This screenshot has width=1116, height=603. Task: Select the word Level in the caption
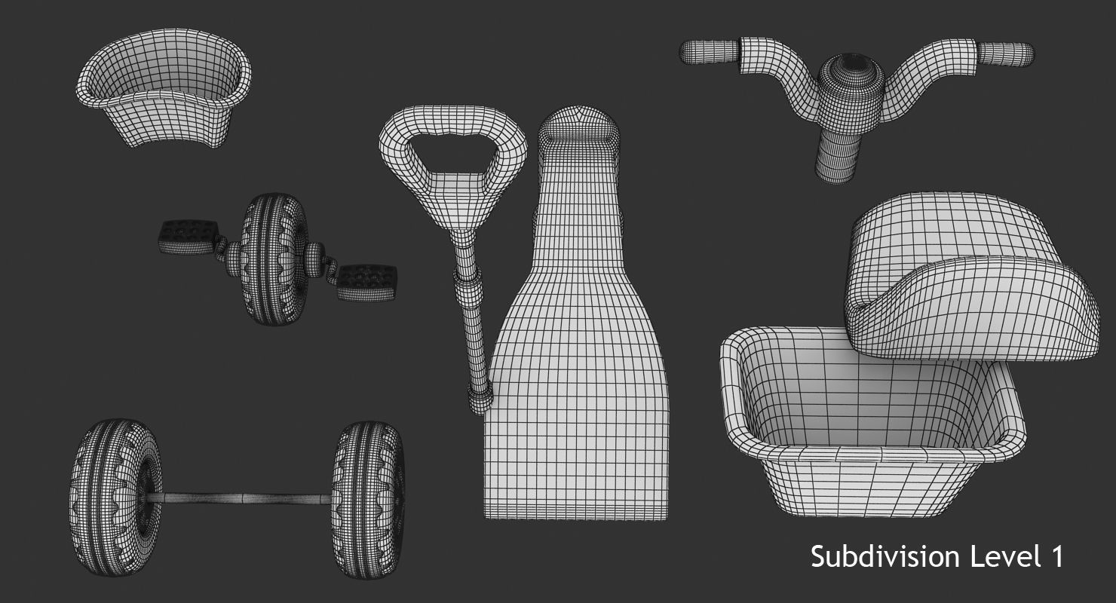coord(1003,558)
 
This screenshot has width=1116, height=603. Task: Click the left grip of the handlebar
coord(710,51)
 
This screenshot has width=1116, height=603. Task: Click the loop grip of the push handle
coord(452,151)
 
